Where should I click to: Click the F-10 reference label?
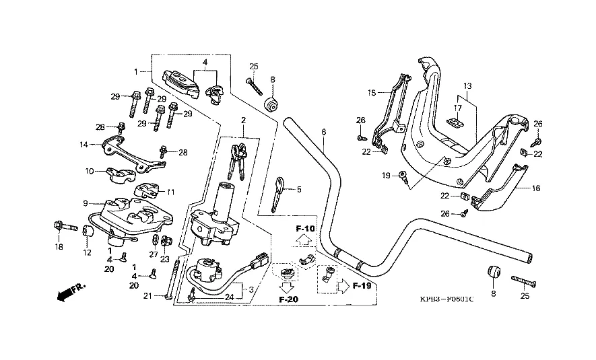tap(306, 229)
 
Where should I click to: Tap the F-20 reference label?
tap(288, 299)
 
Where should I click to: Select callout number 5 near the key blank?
tap(299, 190)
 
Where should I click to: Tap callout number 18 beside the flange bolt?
tap(59, 247)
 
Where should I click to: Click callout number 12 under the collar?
tap(86, 252)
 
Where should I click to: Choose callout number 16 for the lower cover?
tap(536, 189)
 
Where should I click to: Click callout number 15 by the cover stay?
tap(371, 92)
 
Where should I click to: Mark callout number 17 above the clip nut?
tap(457, 108)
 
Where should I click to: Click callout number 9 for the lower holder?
tap(86, 203)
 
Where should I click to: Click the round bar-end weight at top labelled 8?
tap(272, 105)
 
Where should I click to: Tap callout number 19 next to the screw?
tap(387, 176)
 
